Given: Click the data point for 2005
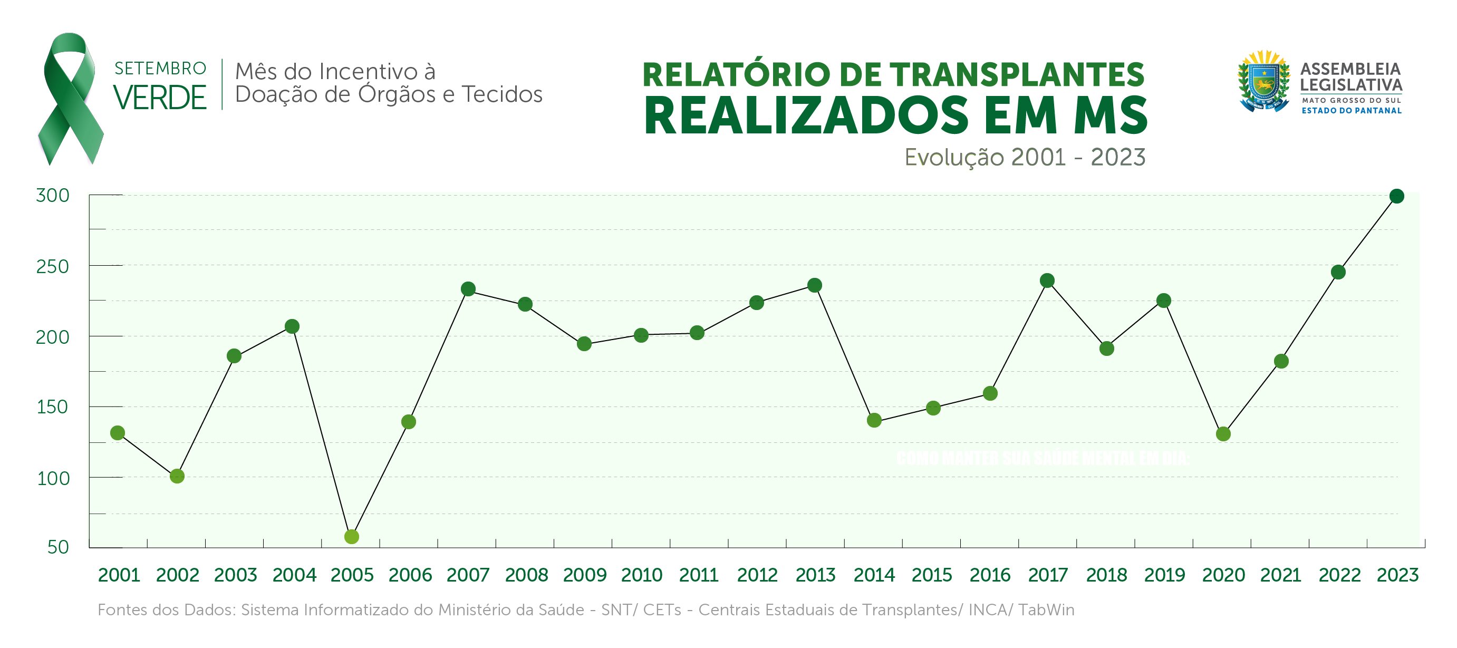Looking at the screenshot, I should point(351,536).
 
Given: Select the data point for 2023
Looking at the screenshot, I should point(1396,196).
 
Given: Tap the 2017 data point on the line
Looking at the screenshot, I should point(1047,281).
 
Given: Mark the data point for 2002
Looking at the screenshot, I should point(177,476).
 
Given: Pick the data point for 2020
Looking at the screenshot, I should point(1223,434).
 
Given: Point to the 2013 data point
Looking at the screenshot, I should point(815,286).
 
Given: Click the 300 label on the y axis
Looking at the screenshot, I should point(53,196).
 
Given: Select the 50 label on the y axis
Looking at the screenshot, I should point(58,547).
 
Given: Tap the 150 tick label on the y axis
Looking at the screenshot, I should point(53,407).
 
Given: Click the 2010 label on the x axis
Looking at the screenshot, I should point(641,575).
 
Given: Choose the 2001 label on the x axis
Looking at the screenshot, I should point(119,575).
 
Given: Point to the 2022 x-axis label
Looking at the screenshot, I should point(1339,575).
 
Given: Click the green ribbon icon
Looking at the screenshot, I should point(70,99).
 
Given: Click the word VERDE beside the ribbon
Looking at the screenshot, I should point(160,97).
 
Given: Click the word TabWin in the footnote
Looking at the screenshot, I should point(1046,610).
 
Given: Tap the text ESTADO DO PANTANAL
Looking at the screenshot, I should point(1351,111).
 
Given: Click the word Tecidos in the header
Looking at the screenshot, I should point(501,94).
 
